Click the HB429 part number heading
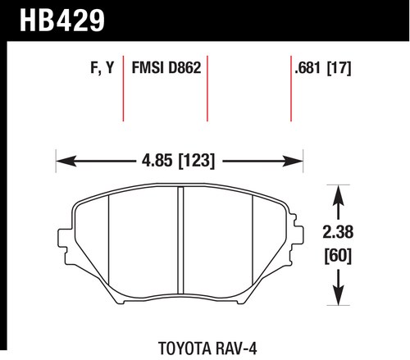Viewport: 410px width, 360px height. pyautogui.click(x=62, y=21)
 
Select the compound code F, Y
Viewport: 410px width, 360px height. pyautogui.click(x=102, y=68)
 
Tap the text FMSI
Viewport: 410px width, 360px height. pyautogui.click(x=148, y=67)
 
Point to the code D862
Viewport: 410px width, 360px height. pyautogui.click(x=184, y=67)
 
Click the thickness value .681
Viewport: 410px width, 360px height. pyautogui.click(x=307, y=67)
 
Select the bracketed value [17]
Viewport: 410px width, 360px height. pyautogui.click(x=339, y=68)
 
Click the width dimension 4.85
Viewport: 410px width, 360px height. pyautogui.click(x=157, y=160)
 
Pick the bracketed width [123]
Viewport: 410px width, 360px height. pyautogui.click(x=197, y=161)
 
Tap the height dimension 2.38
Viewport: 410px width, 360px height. pyautogui.click(x=338, y=232)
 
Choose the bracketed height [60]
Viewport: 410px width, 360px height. pyautogui.click(x=338, y=256)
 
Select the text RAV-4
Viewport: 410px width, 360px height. pyautogui.click(x=236, y=349)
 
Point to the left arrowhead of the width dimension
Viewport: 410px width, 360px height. pyautogui.click(x=66, y=161)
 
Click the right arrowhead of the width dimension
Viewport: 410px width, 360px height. pyautogui.click(x=293, y=161)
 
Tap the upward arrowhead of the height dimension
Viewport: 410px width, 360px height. pyautogui.click(x=339, y=195)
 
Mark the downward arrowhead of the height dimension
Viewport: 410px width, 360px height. pyautogui.click(x=339, y=295)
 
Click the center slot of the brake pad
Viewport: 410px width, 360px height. pyautogui.click(x=180, y=240)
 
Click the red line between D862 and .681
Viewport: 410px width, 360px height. pyautogui.click(x=291, y=89)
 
